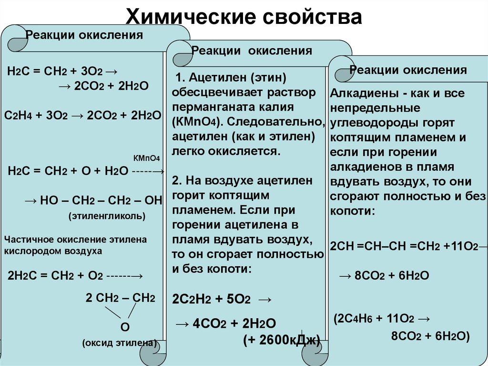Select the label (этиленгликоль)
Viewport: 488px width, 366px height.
tap(107, 216)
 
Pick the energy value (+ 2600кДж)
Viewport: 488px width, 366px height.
tap(280, 339)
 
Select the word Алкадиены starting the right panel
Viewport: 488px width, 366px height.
tap(360, 93)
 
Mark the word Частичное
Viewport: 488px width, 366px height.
tap(27, 240)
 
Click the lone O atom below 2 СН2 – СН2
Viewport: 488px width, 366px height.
tap(125, 327)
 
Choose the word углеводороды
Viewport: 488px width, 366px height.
tap(373, 123)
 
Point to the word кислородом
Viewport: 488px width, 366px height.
tap(30, 251)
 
